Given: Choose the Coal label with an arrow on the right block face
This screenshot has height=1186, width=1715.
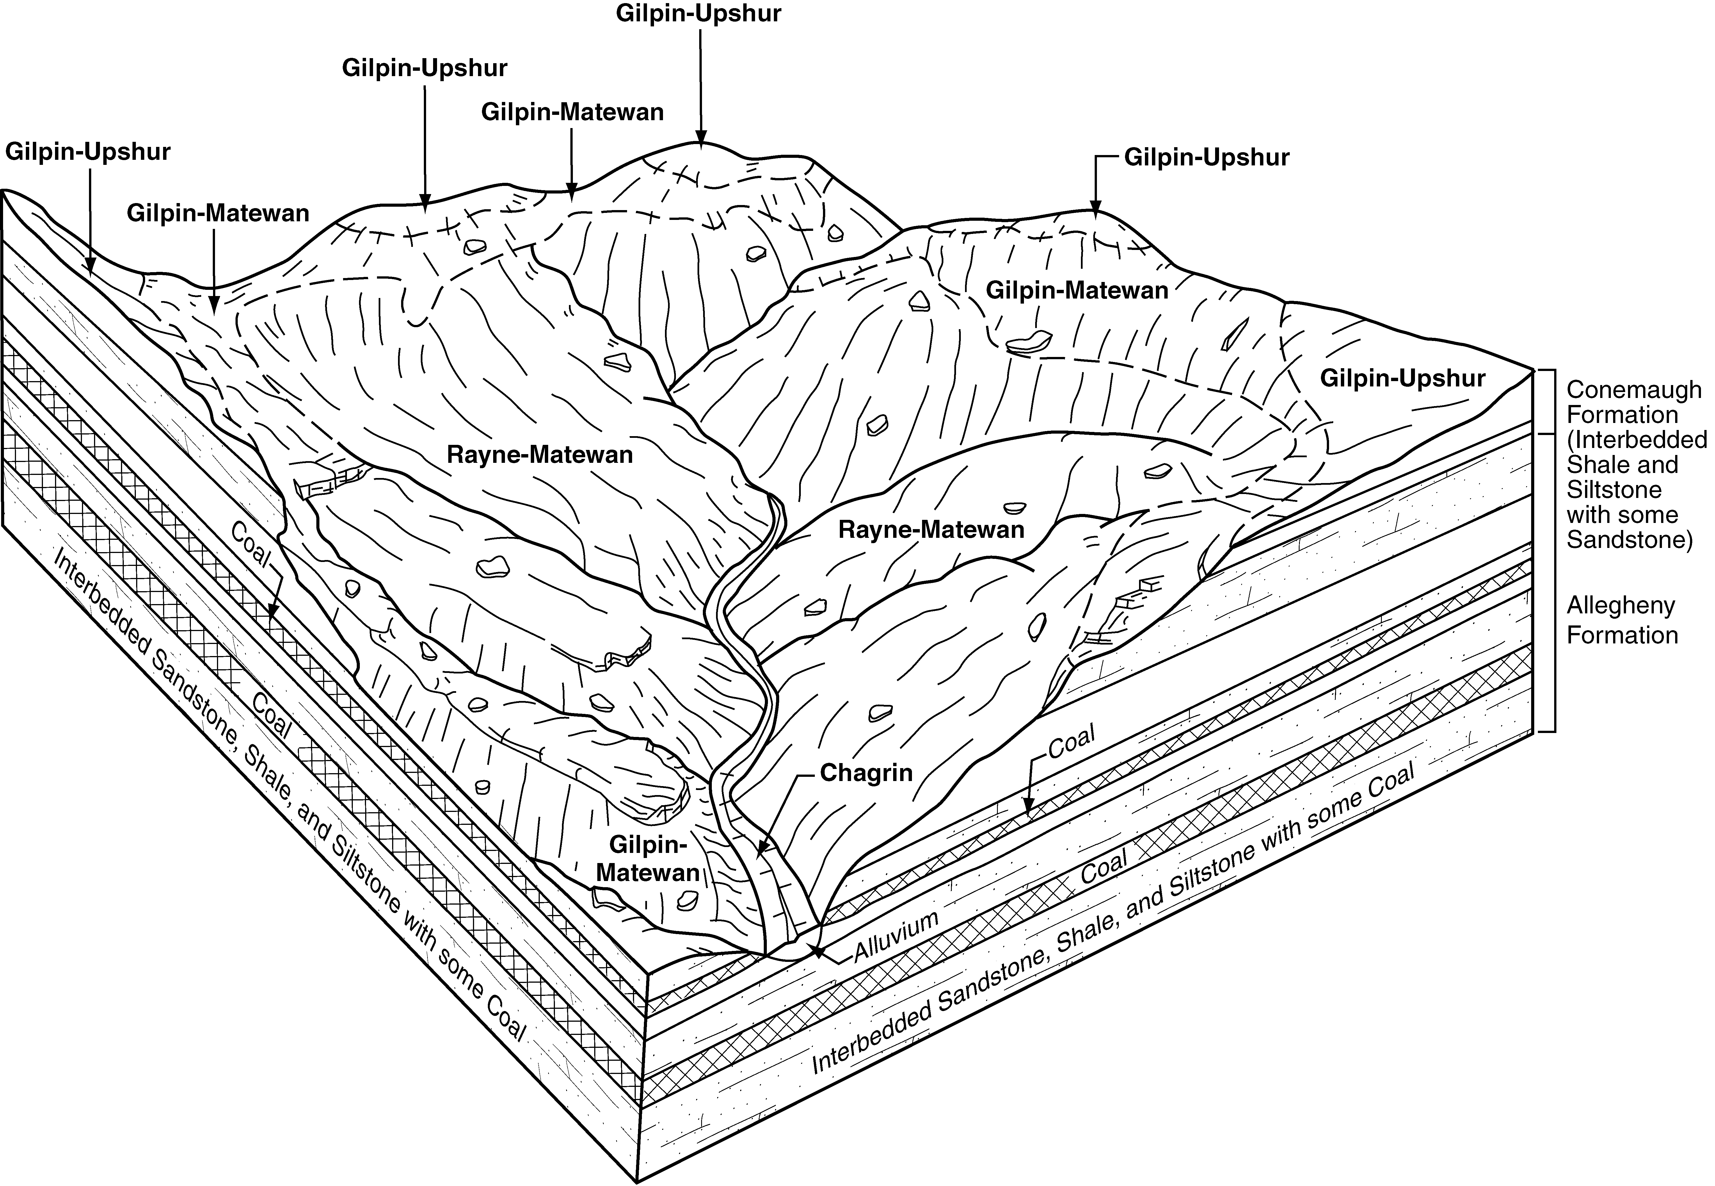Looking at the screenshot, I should click(x=1072, y=741).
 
